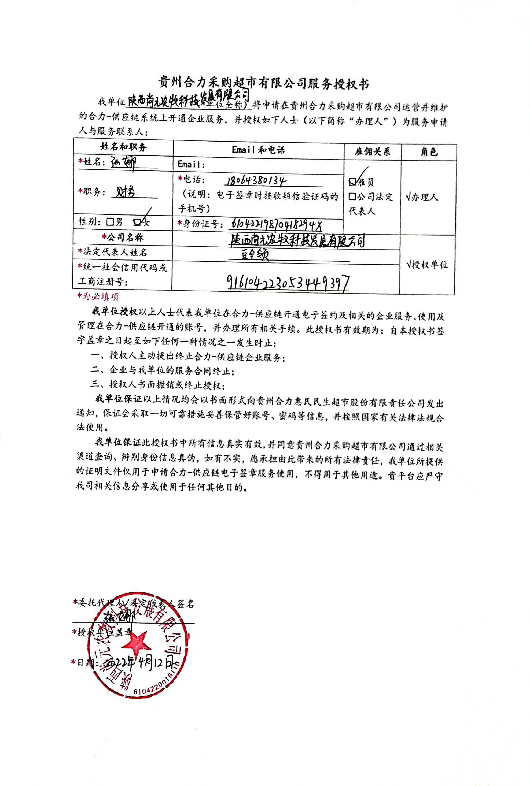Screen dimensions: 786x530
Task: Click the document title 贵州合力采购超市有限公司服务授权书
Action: click(264, 83)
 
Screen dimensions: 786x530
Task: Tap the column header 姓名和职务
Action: click(123, 147)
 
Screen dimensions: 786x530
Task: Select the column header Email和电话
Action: click(259, 150)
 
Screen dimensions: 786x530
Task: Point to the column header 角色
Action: click(429, 152)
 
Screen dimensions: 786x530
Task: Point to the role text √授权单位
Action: click(427, 265)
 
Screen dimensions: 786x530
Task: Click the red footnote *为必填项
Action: click(98, 296)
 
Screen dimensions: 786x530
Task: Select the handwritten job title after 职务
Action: click(126, 192)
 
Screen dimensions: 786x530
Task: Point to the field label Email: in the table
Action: click(191, 165)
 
